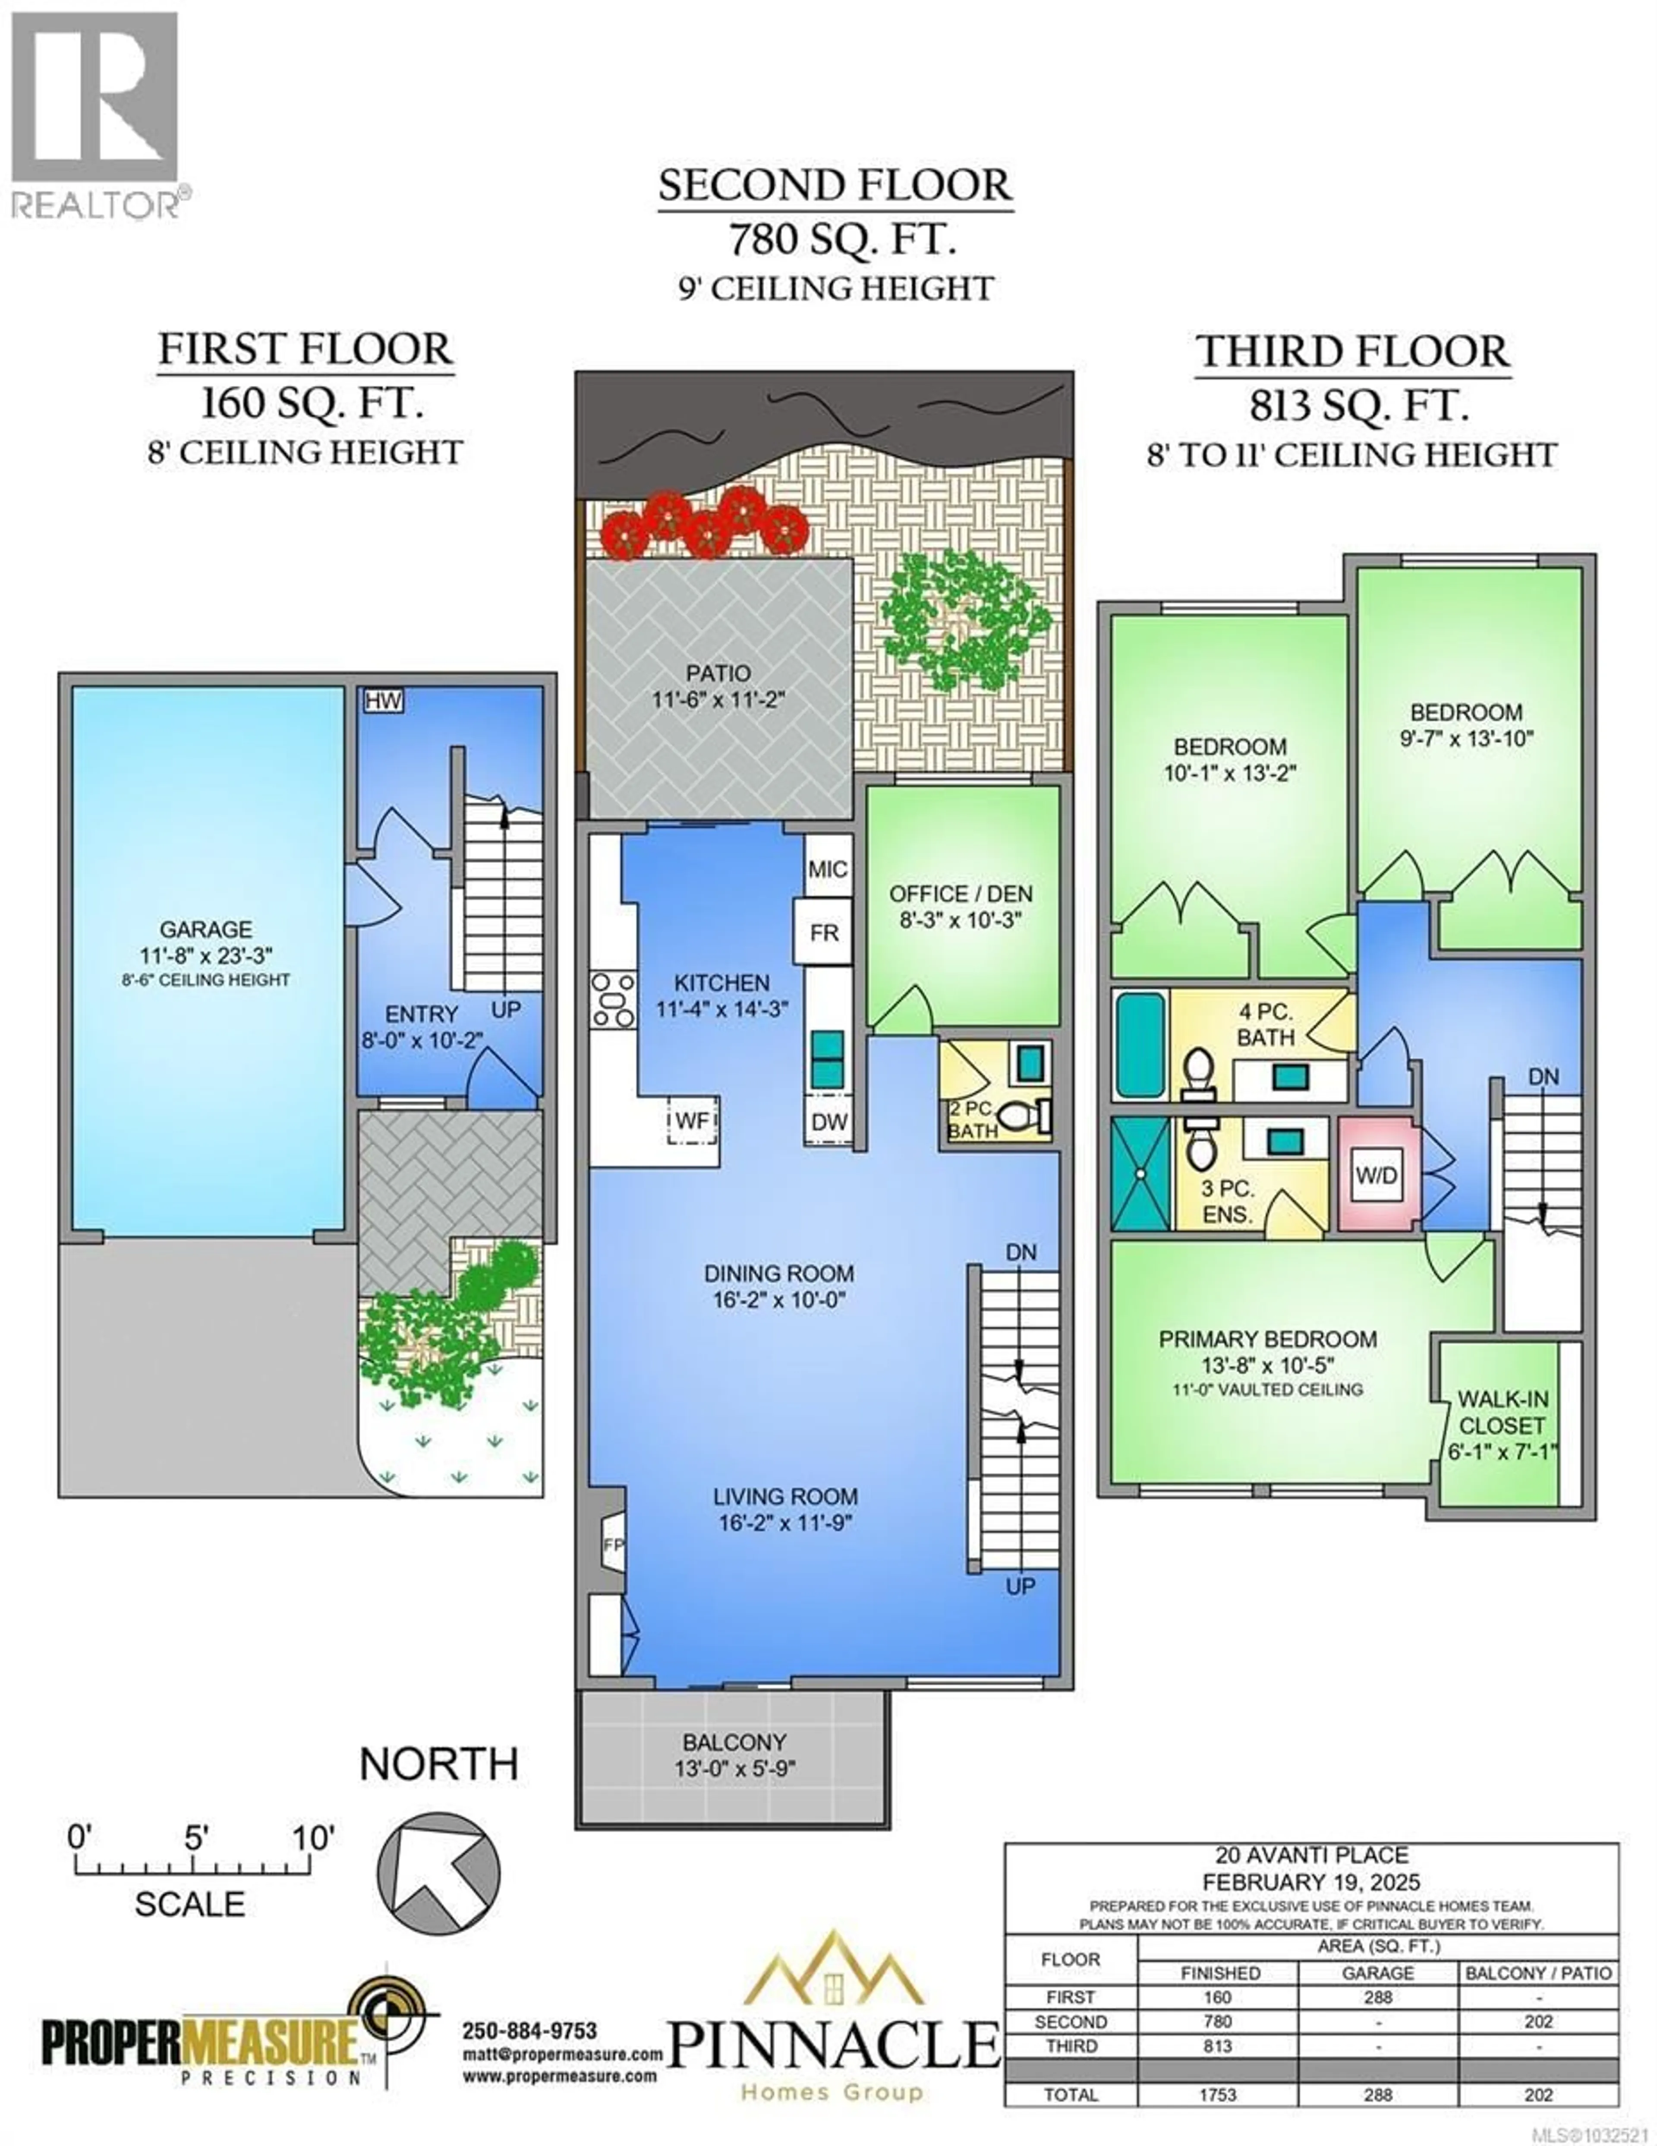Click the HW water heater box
383,701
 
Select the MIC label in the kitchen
827,869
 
